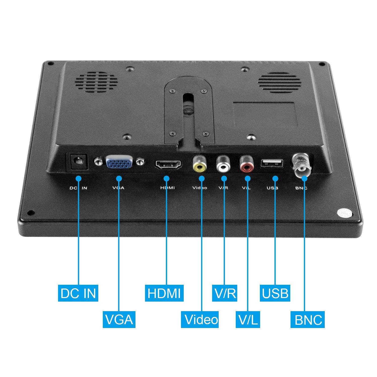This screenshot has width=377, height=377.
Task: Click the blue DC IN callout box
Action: (78, 293)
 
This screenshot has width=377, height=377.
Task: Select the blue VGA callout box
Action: (119, 319)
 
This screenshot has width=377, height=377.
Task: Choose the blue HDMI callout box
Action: (164, 293)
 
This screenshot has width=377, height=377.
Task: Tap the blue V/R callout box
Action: (225, 293)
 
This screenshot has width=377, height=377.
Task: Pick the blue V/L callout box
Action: (248, 319)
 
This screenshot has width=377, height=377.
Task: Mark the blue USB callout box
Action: (275, 293)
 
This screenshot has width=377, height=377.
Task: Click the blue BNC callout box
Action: (308, 319)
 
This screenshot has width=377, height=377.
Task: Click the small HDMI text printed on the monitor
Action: (167, 188)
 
